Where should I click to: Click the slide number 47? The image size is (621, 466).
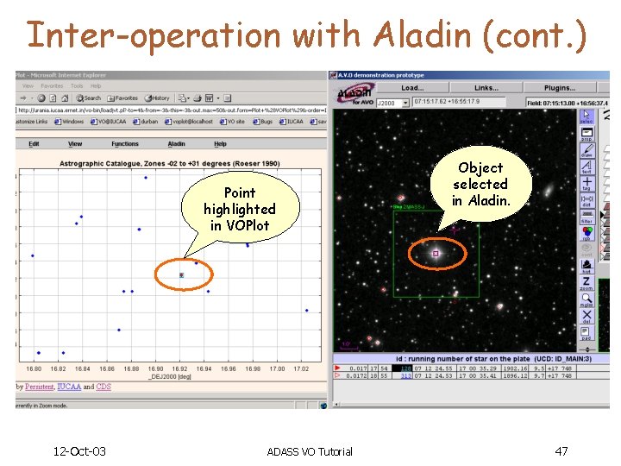[561, 451]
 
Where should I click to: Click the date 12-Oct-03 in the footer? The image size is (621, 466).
[79, 451]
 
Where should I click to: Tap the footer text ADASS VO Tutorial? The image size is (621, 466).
[309, 452]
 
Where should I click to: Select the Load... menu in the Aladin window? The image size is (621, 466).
[412, 88]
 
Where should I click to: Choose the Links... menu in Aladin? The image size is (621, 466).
[486, 88]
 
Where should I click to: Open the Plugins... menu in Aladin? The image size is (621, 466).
[559, 88]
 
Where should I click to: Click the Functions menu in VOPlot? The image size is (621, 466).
[124, 144]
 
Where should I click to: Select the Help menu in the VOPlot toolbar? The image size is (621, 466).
[220, 144]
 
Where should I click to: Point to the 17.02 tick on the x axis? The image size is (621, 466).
[301, 368]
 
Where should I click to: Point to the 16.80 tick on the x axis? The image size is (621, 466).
[34, 368]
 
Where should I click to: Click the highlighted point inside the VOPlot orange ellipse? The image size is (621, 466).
[181, 275]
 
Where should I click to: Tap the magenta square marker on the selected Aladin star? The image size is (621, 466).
[436, 254]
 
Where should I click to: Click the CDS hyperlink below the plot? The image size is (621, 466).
[103, 387]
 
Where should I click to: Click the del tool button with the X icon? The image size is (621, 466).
[586, 315]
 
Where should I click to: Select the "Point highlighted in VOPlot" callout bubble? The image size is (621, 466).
[239, 209]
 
